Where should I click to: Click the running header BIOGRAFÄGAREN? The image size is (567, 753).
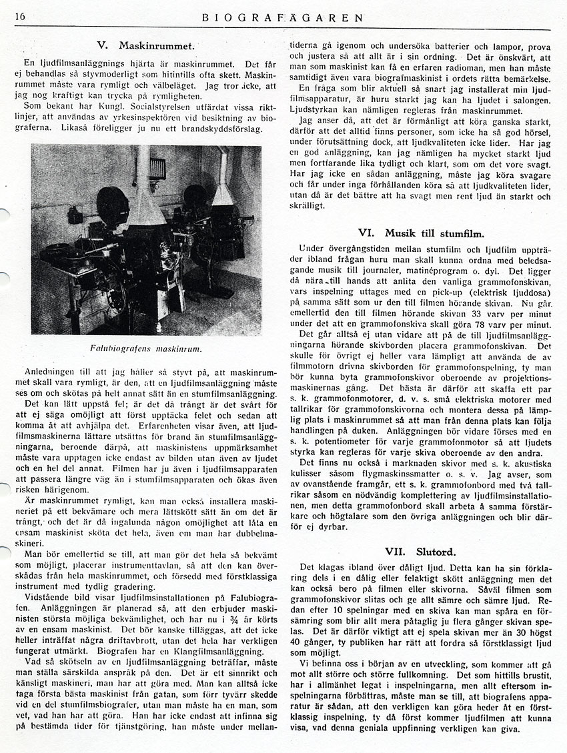pos(283,17)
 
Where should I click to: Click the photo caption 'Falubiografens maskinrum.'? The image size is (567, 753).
pos(145,348)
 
